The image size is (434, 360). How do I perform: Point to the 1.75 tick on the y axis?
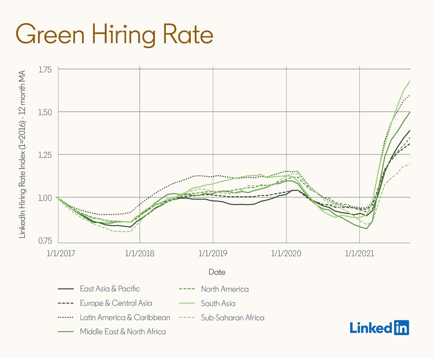[45, 70]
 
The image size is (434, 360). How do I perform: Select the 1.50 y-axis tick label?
[45, 112]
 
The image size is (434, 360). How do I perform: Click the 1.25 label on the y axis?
[45, 155]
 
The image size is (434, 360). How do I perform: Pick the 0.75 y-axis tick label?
[45, 241]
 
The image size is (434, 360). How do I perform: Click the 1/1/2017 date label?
[61, 253]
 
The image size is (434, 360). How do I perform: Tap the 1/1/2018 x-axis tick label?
[140, 253]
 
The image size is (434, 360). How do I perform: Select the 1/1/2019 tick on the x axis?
[213, 253]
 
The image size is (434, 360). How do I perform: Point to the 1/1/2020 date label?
[286, 253]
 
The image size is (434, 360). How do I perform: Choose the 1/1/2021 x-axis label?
[360, 253]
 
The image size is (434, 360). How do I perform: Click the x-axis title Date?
[217, 272]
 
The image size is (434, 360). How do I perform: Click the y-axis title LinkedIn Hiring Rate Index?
[22, 154]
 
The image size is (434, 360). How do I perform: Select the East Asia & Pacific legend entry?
[110, 289]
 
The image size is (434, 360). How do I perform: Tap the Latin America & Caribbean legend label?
[125, 317]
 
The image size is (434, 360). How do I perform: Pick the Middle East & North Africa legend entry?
[123, 331]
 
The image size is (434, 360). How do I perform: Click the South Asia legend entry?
[218, 303]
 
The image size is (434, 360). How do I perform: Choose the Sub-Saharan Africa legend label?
[233, 317]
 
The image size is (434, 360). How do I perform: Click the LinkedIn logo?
[379, 328]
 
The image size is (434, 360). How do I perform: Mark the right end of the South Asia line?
[410, 81]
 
